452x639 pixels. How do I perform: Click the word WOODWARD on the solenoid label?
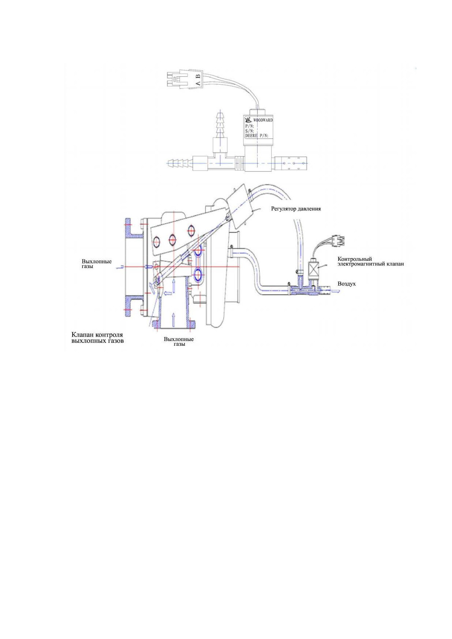pyautogui.click(x=263, y=120)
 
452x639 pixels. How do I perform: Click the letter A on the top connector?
pyautogui.click(x=198, y=84)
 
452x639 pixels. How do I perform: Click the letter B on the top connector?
pyautogui.click(x=198, y=76)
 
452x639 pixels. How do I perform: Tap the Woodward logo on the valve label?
pyautogui.click(x=248, y=120)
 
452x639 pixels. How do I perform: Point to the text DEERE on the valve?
pyautogui.click(x=251, y=135)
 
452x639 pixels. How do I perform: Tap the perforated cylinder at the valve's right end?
pyautogui.click(x=291, y=163)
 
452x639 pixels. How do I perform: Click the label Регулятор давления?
pyautogui.click(x=296, y=209)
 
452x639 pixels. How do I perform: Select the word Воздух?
pyautogui.click(x=347, y=284)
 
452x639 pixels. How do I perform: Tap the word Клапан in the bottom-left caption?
pyautogui.click(x=84, y=335)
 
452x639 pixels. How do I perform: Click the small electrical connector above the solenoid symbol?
pyautogui.click(x=338, y=240)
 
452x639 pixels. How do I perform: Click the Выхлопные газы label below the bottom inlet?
pyautogui.click(x=179, y=341)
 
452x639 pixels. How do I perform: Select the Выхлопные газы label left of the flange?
pyautogui.click(x=97, y=264)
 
